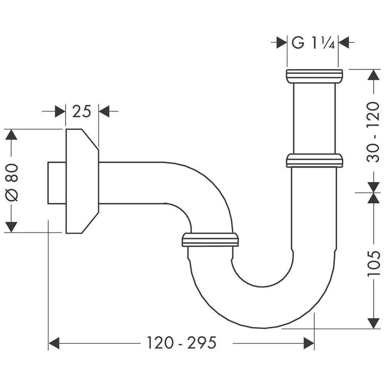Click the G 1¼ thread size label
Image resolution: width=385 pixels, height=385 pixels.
[312, 42]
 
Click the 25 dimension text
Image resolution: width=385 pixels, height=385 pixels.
[81, 112]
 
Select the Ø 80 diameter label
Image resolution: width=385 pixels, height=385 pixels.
[12, 181]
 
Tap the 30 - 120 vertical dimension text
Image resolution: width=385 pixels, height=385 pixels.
[373, 132]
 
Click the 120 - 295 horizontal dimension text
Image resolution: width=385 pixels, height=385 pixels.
[181, 342]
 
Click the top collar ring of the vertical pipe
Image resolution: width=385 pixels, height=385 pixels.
[314, 76]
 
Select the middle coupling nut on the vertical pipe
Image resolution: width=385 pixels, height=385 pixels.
[314, 161]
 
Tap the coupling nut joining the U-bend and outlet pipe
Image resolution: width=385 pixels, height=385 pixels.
[210, 239]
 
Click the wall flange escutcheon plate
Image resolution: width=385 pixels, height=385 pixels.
[81, 181]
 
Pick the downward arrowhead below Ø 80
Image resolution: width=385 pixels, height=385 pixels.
[12, 227]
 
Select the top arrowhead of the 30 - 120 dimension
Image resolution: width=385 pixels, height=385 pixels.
[373, 75]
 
